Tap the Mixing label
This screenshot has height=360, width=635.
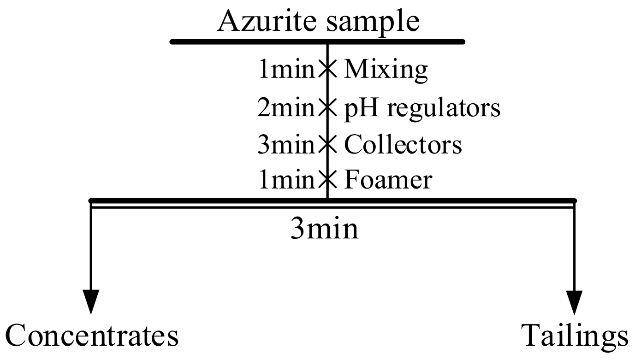(x=386, y=70)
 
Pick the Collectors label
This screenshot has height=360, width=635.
(x=403, y=144)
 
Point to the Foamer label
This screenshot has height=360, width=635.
(x=388, y=180)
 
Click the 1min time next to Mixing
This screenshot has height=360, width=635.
(x=286, y=70)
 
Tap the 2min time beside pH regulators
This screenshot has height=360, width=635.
(x=286, y=107)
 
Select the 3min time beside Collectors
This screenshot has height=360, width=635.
(x=286, y=144)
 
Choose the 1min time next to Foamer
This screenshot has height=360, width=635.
(x=286, y=180)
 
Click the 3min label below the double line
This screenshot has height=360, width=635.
(x=324, y=229)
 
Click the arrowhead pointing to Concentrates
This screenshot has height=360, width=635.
(x=91, y=302)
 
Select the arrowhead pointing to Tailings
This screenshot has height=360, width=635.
(x=574, y=302)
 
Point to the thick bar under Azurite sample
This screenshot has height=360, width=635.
(x=317, y=42)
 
